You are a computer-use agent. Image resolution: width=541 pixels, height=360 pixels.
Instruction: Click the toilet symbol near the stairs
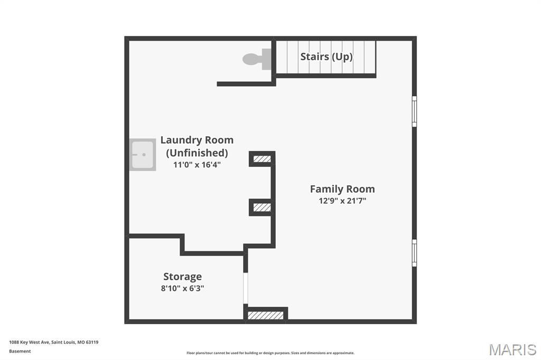[x=257, y=59]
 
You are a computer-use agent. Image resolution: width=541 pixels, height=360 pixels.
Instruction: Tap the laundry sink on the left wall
[x=143, y=155]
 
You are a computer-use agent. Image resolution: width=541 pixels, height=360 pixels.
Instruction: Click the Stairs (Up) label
[x=327, y=56]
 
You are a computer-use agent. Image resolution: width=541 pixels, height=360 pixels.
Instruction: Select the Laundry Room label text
[x=197, y=140]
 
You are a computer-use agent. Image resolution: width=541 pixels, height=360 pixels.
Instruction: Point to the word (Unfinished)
[x=197, y=153]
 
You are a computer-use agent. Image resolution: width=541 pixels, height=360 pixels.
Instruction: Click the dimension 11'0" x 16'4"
[x=197, y=165]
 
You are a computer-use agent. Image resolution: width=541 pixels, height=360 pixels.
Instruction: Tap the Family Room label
[x=342, y=189]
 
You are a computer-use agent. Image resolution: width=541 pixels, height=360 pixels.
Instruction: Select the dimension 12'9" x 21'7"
[x=342, y=201]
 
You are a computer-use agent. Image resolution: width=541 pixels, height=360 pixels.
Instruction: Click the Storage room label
[x=182, y=277]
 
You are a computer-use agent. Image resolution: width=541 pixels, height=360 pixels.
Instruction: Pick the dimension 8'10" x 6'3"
[x=182, y=288]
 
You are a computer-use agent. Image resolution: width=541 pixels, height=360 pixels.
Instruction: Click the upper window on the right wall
[x=414, y=111]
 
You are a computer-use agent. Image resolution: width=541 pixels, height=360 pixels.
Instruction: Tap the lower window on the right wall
[x=414, y=253]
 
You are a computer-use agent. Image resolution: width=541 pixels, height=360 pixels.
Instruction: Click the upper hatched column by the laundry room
[x=262, y=159]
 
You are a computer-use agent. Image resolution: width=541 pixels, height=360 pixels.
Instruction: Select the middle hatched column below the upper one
[x=262, y=207]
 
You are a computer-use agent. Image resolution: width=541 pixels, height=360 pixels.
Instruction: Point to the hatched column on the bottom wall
[x=266, y=316]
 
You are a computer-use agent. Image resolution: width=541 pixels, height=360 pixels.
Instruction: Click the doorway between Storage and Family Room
[x=245, y=288]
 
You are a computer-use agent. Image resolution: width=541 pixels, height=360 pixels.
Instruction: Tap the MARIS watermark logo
[x=512, y=349]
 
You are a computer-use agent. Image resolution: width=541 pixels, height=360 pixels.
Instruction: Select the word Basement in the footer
[x=20, y=352]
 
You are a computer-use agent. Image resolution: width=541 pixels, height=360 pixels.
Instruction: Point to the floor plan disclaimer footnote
[x=270, y=353]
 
